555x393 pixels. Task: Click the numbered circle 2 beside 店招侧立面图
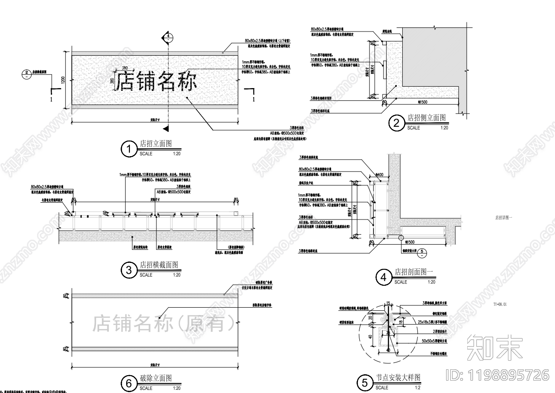[x=396, y=123]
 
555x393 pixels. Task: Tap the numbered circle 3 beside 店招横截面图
[x=129, y=270]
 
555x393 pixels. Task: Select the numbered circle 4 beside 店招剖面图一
[x=383, y=277]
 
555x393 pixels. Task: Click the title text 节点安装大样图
[x=398, y=378]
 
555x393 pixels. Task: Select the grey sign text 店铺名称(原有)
[x=164, y=324]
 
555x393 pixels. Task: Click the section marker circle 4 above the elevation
[x=168, y=36]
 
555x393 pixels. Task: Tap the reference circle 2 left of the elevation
[x=27, y=73]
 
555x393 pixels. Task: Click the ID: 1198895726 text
[x=497, y=375]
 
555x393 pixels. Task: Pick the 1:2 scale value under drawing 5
[x=417, y=388]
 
